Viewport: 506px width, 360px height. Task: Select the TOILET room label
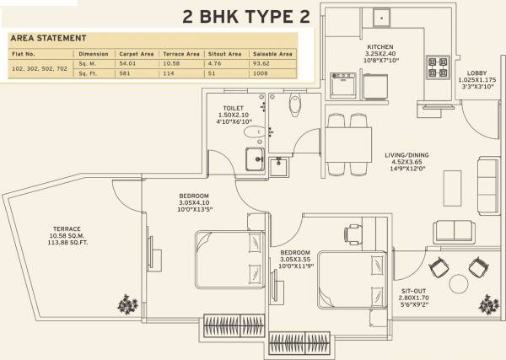tap(234, 108)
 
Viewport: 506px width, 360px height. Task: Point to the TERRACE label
tap(66, 229)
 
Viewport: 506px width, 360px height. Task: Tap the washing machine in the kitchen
tap(345, 85)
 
